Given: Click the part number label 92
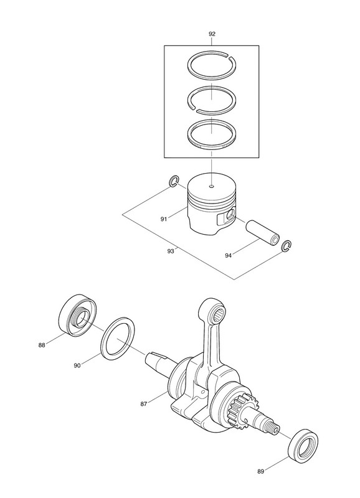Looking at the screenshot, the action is point(212,34).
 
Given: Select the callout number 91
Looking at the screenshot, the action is point(164,219).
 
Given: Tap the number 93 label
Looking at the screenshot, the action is point(171,251).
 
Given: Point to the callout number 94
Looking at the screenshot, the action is point(228,255).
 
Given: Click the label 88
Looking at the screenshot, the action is point(42,345).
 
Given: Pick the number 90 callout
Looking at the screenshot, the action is point(77,365).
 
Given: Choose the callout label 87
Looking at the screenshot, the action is point(144,404).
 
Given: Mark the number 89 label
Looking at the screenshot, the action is point(260,472).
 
